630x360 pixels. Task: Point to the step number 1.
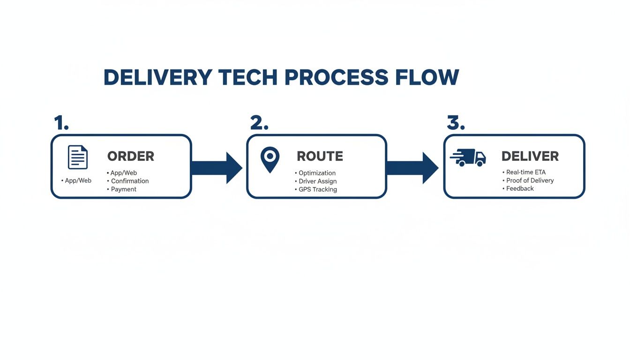(x=61, y=123)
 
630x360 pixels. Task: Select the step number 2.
(x=259, y=123)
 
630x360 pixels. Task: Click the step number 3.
(x=456, y=123)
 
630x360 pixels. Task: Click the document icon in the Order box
(x=78, y=157)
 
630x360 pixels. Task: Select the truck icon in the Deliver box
(x=468, y=157)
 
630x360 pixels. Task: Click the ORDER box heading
(x=131, y=156)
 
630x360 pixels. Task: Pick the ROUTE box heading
(x=320, y=156)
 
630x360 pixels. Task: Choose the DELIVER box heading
(x=530, y=156)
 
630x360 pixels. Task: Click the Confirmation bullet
(x=129, y=181)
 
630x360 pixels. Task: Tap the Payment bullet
(x=123, y=189)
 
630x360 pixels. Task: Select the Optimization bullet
(x=317, y=173)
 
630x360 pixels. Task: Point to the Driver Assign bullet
(x=317, y=181)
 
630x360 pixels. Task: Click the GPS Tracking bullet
(x=317, y=190)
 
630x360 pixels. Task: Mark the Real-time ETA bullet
(x=525, y=172)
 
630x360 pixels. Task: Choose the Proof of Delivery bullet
(x=530, y=180)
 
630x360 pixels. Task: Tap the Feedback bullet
(x=520, y=188)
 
